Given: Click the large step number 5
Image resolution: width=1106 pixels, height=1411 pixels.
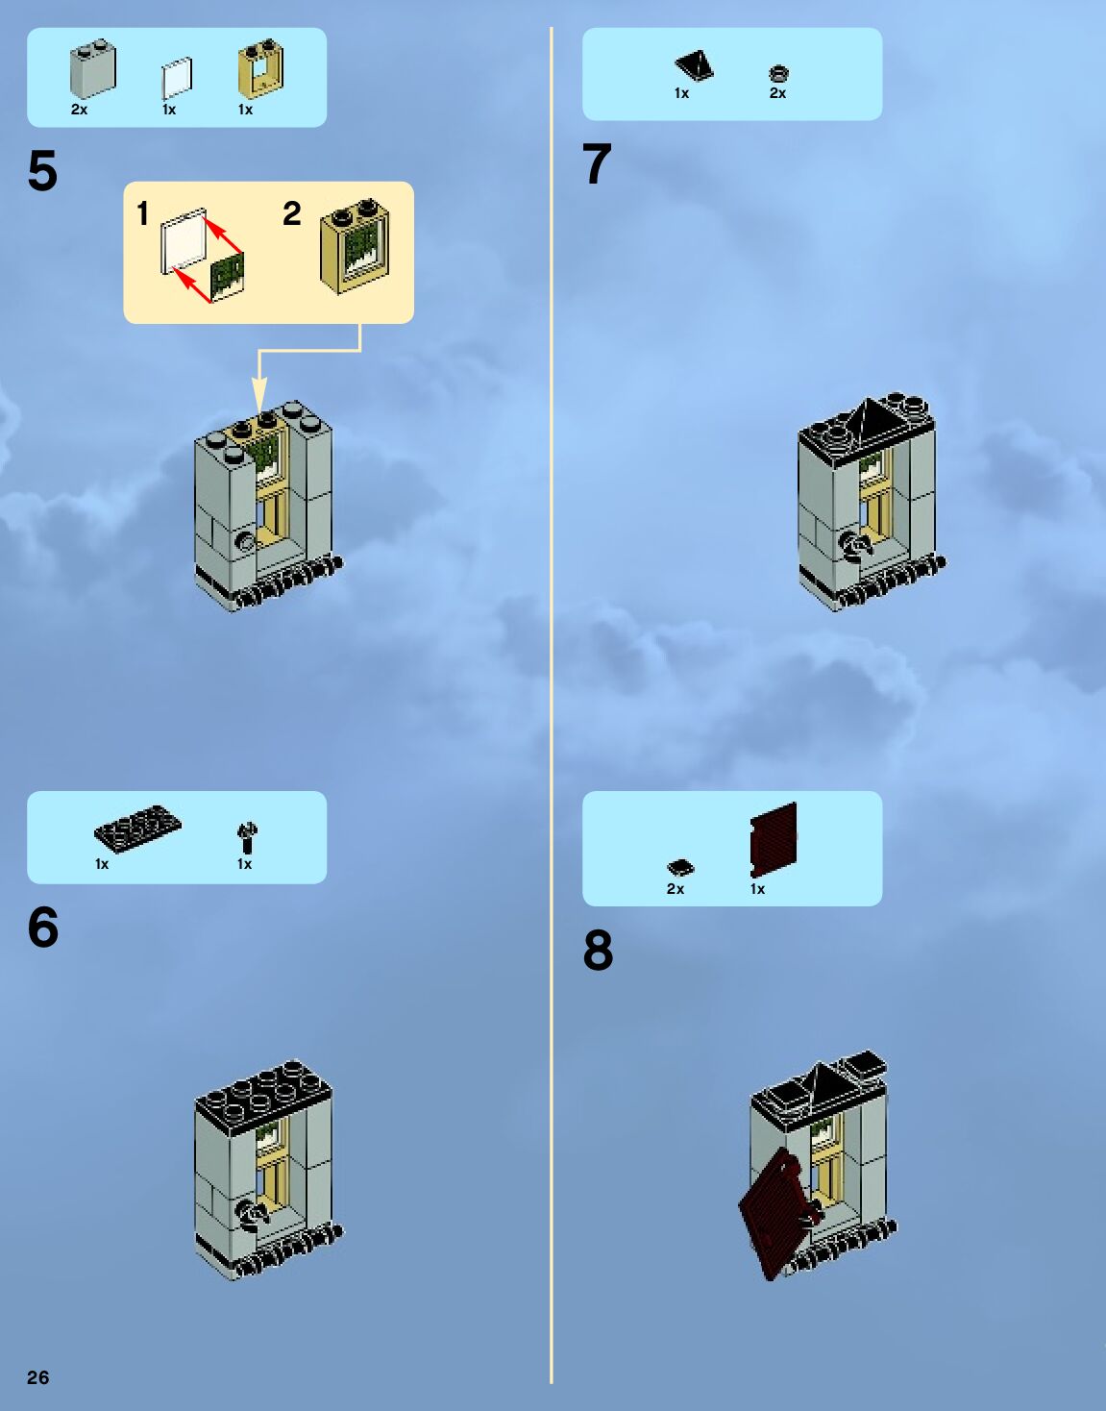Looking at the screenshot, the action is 42,172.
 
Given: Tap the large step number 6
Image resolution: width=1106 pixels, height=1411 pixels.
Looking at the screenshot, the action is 43,928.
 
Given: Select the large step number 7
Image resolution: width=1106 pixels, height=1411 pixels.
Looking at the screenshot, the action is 597,164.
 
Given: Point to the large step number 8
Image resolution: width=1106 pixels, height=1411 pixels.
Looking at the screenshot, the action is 598,951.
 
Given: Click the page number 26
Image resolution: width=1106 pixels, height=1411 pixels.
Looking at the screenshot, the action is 37,1377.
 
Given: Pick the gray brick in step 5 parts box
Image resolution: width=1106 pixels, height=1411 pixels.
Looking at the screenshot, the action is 92,69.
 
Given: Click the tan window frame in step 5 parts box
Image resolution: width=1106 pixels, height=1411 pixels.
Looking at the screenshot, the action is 260,69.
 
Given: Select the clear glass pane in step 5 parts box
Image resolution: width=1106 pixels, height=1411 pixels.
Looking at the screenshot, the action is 177,78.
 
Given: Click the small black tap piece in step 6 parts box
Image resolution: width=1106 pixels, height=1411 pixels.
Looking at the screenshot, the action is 247,837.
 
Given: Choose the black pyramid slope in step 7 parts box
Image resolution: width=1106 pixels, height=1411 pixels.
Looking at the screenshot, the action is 694,65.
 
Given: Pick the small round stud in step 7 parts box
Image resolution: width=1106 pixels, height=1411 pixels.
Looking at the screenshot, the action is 778,73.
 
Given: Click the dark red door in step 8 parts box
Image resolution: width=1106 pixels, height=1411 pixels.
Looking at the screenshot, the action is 774,838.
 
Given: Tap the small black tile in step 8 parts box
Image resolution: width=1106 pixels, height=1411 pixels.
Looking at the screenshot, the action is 680,868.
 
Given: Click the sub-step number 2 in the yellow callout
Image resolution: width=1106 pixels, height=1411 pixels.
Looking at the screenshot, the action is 292,213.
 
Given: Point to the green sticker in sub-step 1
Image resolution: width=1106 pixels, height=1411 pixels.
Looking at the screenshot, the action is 228,274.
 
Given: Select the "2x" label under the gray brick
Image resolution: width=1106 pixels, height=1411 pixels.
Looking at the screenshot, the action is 79,110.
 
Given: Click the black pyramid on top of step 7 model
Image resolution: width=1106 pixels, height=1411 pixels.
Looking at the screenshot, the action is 869,418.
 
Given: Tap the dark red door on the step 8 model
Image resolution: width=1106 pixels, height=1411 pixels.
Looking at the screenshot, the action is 775,1213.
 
